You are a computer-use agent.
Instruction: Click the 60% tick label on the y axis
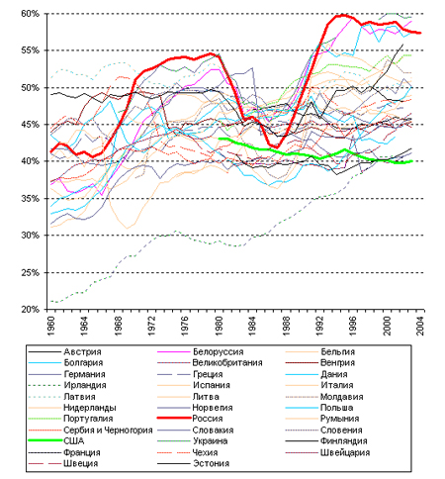pyautogui.click(x=31, y=14)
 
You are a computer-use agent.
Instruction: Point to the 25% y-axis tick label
pyautogui.click(x=31, y=273)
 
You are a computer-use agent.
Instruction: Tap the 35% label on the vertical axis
pyautogui.click(x=31, y=199)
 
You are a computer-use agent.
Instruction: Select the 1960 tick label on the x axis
pyautogui.click(x=51, y=326)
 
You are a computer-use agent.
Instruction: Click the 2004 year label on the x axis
pyautogui.click(x=420, y=326)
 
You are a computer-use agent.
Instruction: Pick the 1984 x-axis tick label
pyautogui.click(x=252, y=326)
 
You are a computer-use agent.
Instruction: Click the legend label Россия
pyautogui.click(x=208, y=419)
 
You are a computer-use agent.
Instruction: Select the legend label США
pyautogui.click(x=74, y=440)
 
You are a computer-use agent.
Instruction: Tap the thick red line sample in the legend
pyautogui.click(x=174, y=418)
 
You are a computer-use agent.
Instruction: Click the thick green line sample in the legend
pyautogui.click(x=45, y=440)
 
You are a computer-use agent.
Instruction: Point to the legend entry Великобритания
pyautogui.click(x=227, y=363)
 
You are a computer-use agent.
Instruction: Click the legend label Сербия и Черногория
pyautogui.click(x=108, y=430)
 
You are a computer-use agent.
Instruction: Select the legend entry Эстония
pyautogui.click(x=211, y=463)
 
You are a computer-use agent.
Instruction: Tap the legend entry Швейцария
pyautogui.click(x=345, y=452)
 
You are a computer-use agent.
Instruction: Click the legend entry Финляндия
pyautogui.click(x=343, y=441)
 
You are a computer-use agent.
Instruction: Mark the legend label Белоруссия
pyautogui.click(x=218, y=351)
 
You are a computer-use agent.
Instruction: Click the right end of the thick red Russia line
pyautogui.click(x=420, y=33)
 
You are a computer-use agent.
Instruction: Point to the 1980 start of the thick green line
pyautogui.click(x=220, y=139)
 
